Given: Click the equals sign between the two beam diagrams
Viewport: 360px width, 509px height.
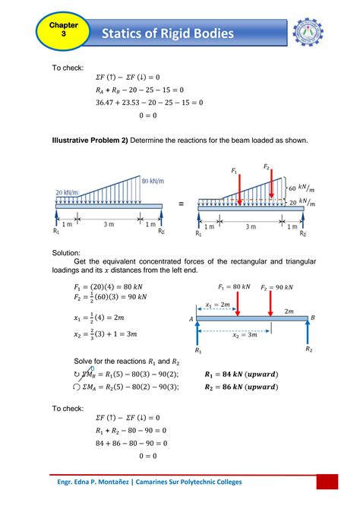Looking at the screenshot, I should click(181, 204).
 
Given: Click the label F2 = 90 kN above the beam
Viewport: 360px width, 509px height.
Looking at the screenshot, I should click(279, 287).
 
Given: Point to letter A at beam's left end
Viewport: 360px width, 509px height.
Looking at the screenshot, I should click(191, 320).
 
